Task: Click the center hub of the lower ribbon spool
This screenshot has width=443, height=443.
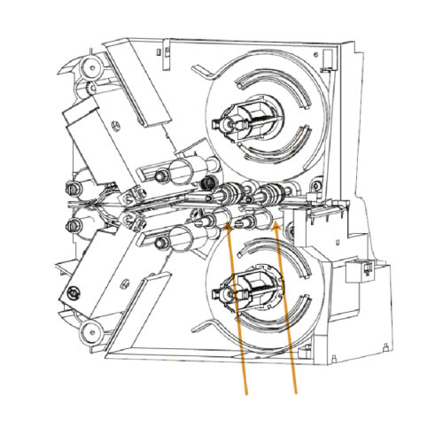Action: [241, 289]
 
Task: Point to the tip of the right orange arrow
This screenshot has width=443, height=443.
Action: [277, 222]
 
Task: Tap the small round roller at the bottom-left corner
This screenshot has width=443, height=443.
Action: [89, 332]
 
